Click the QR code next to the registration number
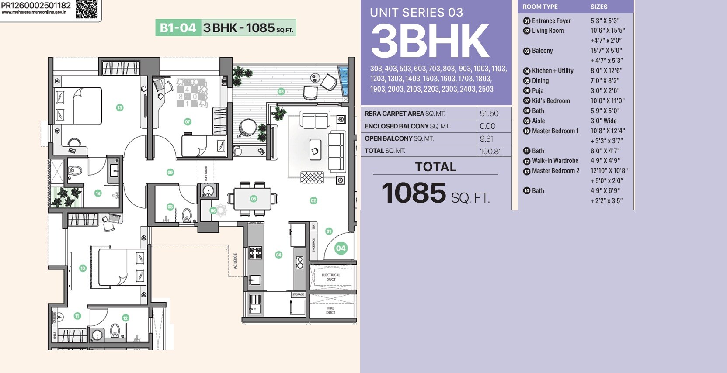[87, 9]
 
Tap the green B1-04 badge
[178, 28]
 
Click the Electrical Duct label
[330, 277]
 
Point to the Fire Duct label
[330, 310]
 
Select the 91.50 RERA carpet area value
[489, 114]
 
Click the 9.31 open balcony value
[487, 138]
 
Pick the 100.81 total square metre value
[490, 151]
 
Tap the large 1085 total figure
[414, 193]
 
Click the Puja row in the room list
[537, 91]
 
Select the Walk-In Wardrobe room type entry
[555, 161]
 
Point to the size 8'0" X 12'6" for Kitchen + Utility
[606, 71]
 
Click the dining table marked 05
[253, 199]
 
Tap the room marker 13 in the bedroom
[119, 107]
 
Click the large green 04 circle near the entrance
[341, 248]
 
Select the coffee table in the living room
[315, 150]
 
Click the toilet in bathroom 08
[187, 215]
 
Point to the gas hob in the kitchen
[255, 252]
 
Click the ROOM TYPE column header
[540, 7]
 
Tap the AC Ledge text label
[235, 261]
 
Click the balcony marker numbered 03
[281, 92]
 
